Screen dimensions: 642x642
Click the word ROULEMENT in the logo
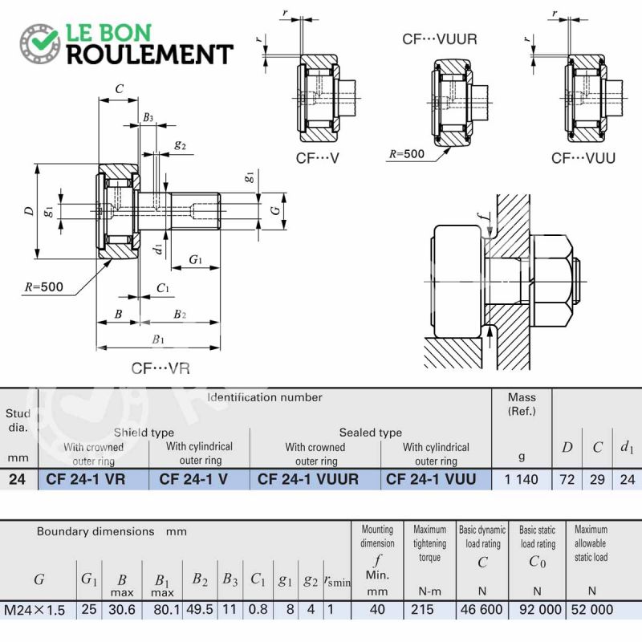click(x=150, y=55)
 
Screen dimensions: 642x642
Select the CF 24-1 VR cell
click(x=86, y=479)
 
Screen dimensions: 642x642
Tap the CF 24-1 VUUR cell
click(x=308, y=479)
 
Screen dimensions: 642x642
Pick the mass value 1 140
click(x=521, y=479)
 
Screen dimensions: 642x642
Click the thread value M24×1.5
click(x=35, y=610)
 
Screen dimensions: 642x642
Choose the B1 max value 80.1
click(x=167, y=610)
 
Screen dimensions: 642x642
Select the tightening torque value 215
click(x=422, y=609)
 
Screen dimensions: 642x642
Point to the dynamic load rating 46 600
click(x=481, y=609)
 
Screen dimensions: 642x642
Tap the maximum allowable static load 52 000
click(x=592, y=609)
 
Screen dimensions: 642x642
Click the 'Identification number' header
click(x=265, y=397)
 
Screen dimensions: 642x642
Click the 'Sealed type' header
click(x=371, y=433)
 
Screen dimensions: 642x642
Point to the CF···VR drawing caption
click(x=160, y=368)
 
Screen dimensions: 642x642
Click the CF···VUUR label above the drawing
click(x=440, y=39)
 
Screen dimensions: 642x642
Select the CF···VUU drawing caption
click(x=583, y=158)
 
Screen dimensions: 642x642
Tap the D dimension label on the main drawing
click(x=29, y=211)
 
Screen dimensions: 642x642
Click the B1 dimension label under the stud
click(x=158, y=339)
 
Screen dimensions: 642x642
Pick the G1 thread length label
click(x=195, y=259)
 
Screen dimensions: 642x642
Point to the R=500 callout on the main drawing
click(x=44, y=286)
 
